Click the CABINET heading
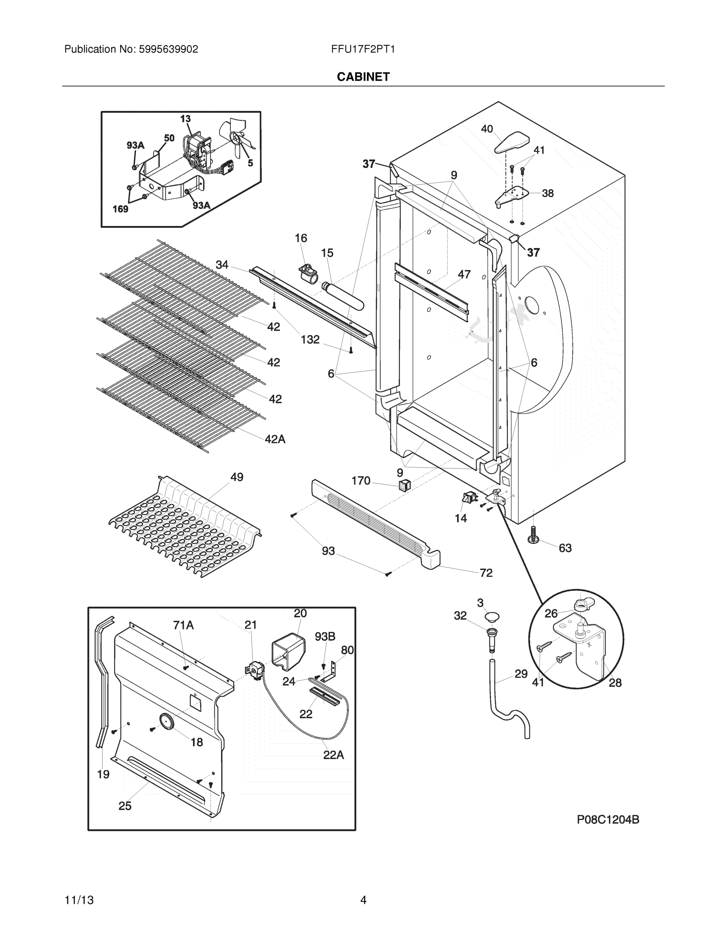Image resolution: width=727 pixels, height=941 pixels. pyautogui.click(x=363, y=77)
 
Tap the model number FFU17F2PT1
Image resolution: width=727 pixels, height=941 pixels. pyautogui.click(x=363, y=49)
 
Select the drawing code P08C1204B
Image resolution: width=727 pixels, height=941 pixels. pyautogui.click(x=608, y=820)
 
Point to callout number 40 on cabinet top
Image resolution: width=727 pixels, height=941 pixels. pyautogui.click(x=487, y=129)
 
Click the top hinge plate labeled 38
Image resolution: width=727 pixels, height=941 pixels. pyautogui.click(x=512, y=196)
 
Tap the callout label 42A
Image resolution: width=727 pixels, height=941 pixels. pyautogui.click(x=275, y=439)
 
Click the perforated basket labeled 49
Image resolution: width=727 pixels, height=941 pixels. pyautogui.click(x=185, y=528)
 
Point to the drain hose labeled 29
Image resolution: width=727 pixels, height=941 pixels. pyautogui.click(x=508, y=707)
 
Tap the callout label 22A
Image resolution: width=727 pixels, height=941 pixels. pyautogui.click(x=334, y=755)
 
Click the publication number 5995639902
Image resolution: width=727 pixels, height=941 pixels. pyautogui.click(x=169, y=49)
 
